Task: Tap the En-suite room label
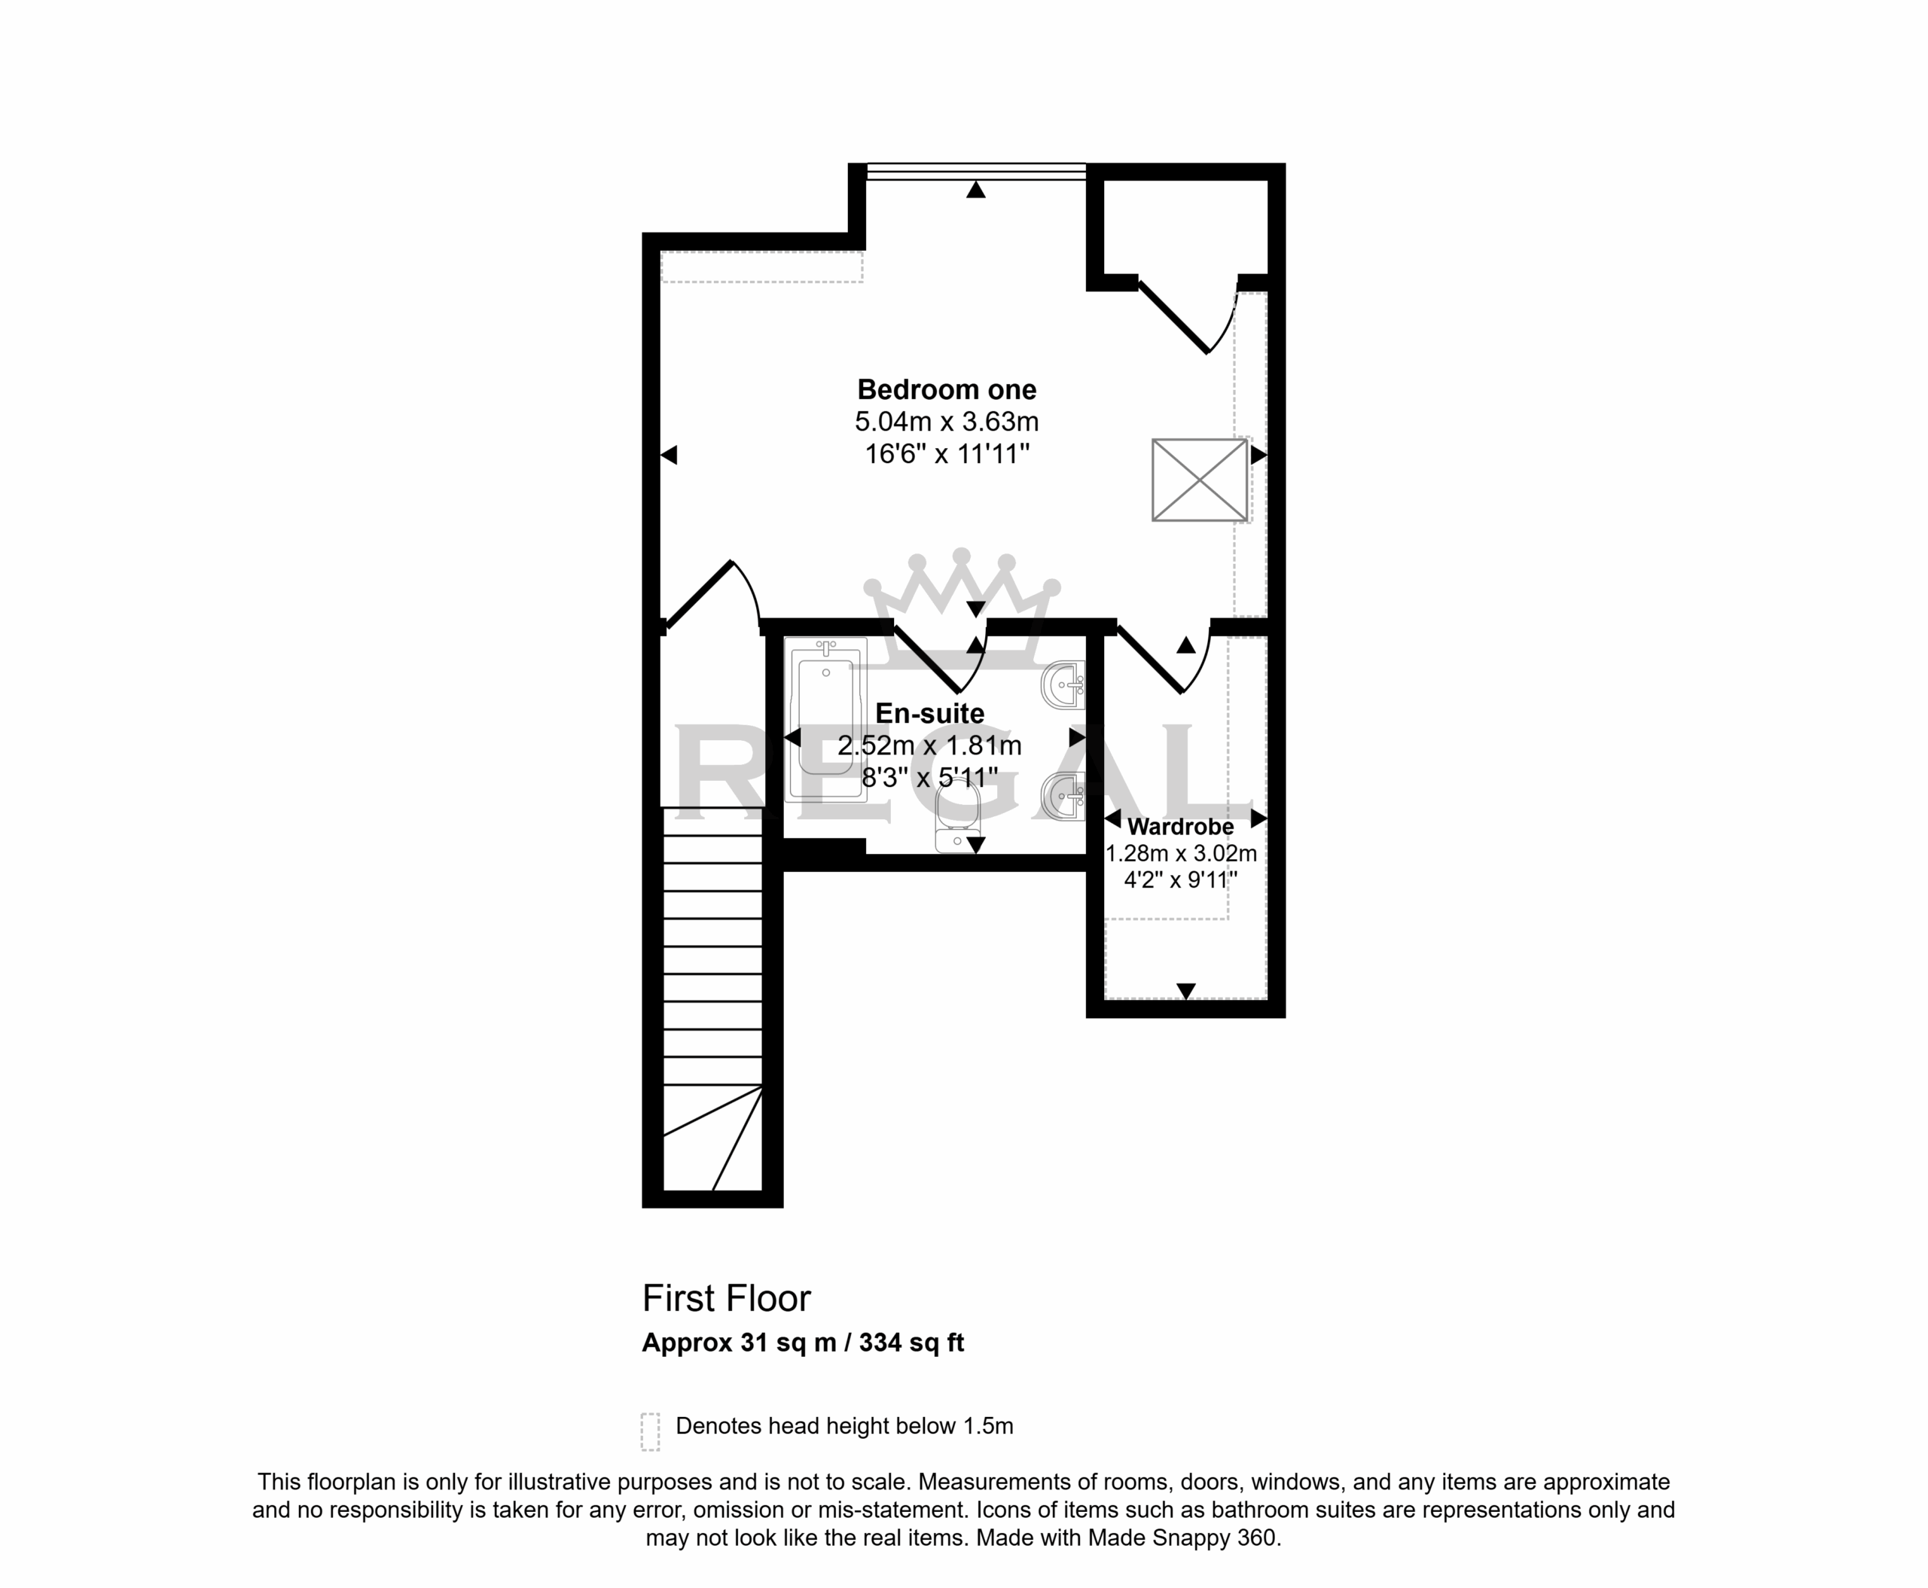click(x=929, y=714)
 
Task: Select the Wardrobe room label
click(x=1180, y=827)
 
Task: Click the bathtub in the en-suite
click(x=825, y=720)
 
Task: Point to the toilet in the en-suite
click(x=958, y=818)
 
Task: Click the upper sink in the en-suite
click(x=1063, y=685)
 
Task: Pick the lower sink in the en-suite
click(x=1063, y=796)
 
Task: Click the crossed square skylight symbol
click(x=1200, y=480)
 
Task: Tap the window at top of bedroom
click(x=975, y=171)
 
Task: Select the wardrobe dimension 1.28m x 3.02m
click(x=1180, y=853)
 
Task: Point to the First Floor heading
click(x=727, y=1298)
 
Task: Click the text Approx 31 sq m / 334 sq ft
click(x=803, y=1343)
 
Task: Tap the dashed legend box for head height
click(x=650, y=1431)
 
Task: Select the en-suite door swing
click(x=940, y=659)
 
